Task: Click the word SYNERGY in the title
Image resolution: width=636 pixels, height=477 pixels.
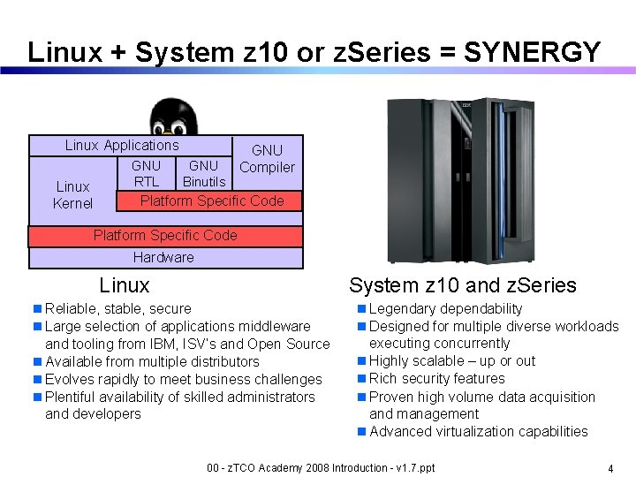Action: pyautogui.click(x=532, y=52)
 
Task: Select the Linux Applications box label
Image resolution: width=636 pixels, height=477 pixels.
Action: pyautogui.click(x=122, y=146)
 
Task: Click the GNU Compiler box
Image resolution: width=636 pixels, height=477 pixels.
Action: pyautogui.click(x=267, y=160)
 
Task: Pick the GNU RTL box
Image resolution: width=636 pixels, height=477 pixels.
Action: pyautogui.click(x=146, y=174)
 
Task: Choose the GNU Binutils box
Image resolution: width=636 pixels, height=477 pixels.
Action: pyautogui.click(x=204, y=174)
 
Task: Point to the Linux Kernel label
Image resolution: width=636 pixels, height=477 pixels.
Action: pyautogui.click(x=72, y=195)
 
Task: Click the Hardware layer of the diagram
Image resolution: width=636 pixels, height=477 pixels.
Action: pyautogui.click(x=163, y=258)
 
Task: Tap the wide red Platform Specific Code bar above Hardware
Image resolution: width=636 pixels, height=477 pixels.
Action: pyautogui.click(x=165, y=236)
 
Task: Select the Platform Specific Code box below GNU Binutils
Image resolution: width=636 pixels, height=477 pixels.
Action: pyautogui.click(x=212, y=201)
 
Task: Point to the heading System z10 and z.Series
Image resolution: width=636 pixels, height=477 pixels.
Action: pyautogui.click(x=462, y=285)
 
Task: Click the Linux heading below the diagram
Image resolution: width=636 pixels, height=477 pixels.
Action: pyautogui.click(x=125, y=285)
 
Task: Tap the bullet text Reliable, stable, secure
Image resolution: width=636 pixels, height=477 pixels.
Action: pyautogui.click(x=117, y=309)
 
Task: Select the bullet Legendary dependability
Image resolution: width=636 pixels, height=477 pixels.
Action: pyautogui.click(x=445, y=309)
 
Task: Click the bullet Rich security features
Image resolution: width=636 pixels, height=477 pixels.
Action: pyautogui.click(x=436, y=379)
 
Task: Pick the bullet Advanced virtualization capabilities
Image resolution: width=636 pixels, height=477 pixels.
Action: pyautogui.click(x=478, y=432)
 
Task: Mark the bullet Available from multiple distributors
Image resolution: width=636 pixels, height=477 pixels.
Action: pyautogui.click(x=152, y=362)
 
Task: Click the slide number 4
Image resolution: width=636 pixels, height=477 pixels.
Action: pyautogui.click(x=610, y=468)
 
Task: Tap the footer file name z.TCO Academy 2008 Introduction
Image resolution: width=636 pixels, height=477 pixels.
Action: pyautogui.click(x=320, y=467)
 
